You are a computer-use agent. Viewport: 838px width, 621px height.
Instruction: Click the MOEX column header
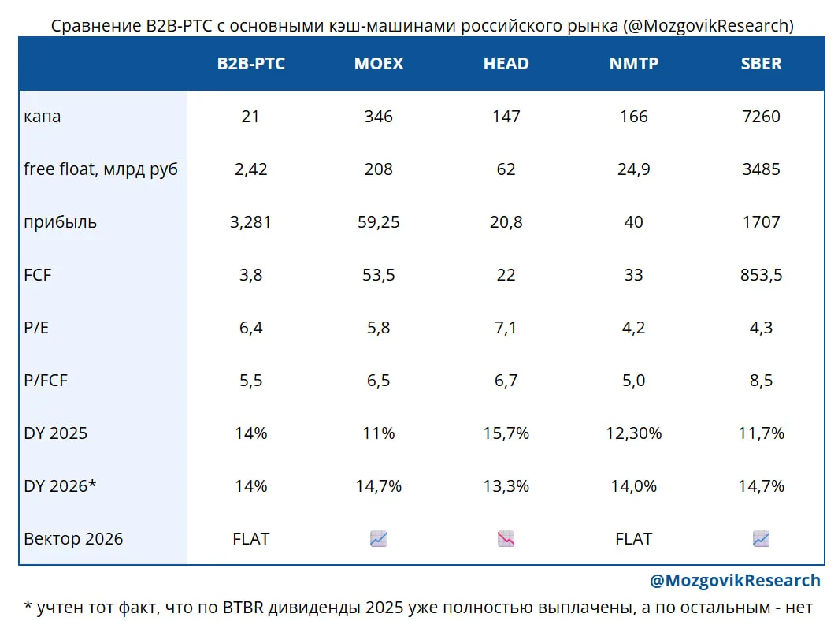click(378, 64)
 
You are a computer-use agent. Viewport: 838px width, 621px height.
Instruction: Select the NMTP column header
click(634, 64)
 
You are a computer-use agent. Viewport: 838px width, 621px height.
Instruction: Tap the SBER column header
click(761, 64)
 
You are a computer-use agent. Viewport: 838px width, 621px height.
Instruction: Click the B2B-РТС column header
click(250, 64)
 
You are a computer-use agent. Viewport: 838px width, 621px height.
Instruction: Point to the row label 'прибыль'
click(61, 222)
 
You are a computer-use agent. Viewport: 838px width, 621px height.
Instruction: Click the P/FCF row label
click(46, 381)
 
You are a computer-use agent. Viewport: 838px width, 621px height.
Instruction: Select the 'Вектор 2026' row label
click(73, 538)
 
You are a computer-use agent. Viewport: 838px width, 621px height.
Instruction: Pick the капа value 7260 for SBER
click(761, 117)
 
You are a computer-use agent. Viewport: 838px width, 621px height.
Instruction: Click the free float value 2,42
click(250, 169)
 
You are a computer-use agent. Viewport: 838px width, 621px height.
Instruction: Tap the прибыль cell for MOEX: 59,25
click(378, 222)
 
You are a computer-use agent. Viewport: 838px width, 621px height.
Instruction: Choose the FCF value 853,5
click(761, 275)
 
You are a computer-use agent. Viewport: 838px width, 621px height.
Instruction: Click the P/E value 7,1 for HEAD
click(506, 327)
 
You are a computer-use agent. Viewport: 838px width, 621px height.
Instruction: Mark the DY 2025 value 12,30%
click(634, 433)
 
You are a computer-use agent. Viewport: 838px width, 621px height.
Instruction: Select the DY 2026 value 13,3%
click(506, 486)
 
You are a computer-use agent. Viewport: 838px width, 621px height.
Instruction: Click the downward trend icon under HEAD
click(506, 538)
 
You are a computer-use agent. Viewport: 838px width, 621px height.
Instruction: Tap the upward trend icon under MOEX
click(378, 538)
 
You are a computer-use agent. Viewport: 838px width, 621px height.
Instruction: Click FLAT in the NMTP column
click(634, 538)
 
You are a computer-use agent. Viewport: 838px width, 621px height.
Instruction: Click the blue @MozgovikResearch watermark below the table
click(735, 580)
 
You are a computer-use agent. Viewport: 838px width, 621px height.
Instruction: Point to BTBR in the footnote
click(243, 608)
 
